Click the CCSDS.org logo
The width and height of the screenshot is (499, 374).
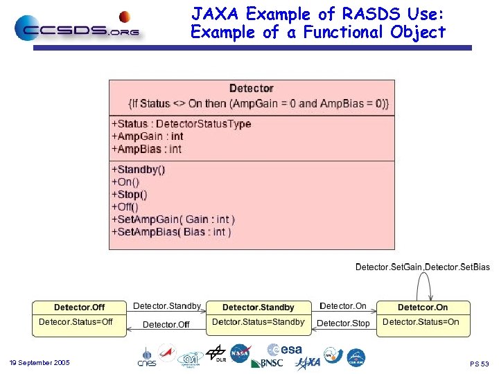click(76, 28)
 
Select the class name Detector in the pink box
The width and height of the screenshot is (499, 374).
click(251, 88)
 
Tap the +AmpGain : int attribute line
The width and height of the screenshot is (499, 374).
click(147, 136)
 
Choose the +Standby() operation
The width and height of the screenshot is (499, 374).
click(138, 170)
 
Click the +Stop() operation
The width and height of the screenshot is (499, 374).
click(129, 195)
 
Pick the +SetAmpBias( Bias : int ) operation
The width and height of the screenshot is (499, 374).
click(171, 232)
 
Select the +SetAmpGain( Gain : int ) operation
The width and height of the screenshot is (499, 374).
click(173, 220)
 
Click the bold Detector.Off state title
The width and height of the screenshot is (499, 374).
click(79, 307)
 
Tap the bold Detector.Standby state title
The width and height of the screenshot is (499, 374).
click(258, 307)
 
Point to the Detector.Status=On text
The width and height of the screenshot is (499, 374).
click(421, 322)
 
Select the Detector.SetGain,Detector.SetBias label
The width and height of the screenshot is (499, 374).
click(422, 267)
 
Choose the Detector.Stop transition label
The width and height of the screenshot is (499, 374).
click(343, 323)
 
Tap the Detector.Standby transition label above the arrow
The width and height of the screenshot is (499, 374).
click(167, 306)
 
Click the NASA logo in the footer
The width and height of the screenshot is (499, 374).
click(240, 353)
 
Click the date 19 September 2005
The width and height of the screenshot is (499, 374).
click(40, 363)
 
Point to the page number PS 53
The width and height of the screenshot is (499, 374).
click(480, 364)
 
